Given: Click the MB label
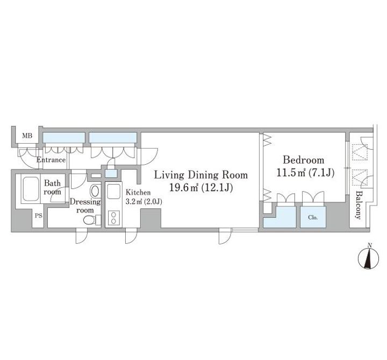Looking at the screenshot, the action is point(27,136).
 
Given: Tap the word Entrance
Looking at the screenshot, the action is point(51,160).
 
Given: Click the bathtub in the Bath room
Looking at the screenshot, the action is point(31,188).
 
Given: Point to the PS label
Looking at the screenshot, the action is point(39,216).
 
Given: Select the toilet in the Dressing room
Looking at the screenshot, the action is point(92,220).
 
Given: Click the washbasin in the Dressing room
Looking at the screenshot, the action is point(95,191).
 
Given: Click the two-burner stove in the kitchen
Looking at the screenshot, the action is point(113,218).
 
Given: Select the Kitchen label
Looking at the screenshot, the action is point(138,193).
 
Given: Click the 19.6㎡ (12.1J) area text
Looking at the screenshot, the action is point(201,188).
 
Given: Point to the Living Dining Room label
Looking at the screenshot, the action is point(201,175).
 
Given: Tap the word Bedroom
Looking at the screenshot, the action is point(303,160).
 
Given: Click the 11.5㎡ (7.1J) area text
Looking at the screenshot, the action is point(305,173).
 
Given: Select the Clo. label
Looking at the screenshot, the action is point(313,217).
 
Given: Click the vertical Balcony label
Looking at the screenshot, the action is point(359,205).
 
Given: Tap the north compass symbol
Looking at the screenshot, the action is point(368,257).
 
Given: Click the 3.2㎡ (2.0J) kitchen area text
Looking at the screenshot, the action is point(144,202).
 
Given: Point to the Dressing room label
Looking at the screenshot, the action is point(85,206).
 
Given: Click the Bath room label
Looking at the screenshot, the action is point(52,187).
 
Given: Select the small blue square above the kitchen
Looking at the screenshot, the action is point(111,173).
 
